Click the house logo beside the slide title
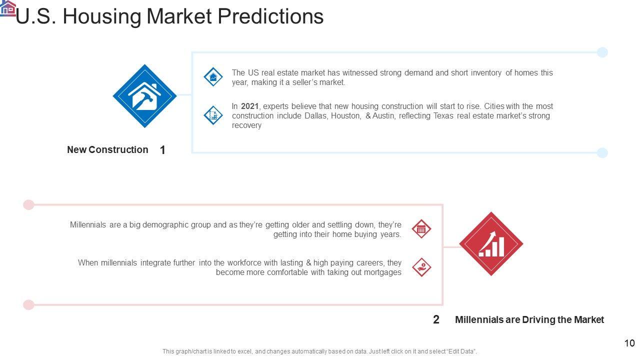pyautogui.click(x=7, y=8)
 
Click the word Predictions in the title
pyautogui.click(x=270, y=16)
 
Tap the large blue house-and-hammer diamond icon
pyautogui.click(x=145, y=96)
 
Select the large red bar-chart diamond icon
pyautogui.click(x=491, y=243)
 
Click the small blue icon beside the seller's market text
pyautogui.click(x=213, y=77)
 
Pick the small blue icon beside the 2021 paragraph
pyautogui.click(x=213, y=115)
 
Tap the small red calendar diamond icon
pyautogui.click(x=421, y=229)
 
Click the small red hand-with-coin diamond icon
pyautogui.click(x=421, y=267)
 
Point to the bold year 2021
pyautogui.click(x=249, y=106)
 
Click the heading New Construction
pyautogui.click(x=107, y=149)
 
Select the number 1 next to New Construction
pyautogui.click(x=162, y=150)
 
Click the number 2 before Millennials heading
pyautogui.click(x=436, y=319)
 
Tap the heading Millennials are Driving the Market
pyautogui.click(x=529, y=319)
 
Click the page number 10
pyautogui.click(x=629, y=343)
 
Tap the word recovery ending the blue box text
pyautogui.click(x=246, y=125)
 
